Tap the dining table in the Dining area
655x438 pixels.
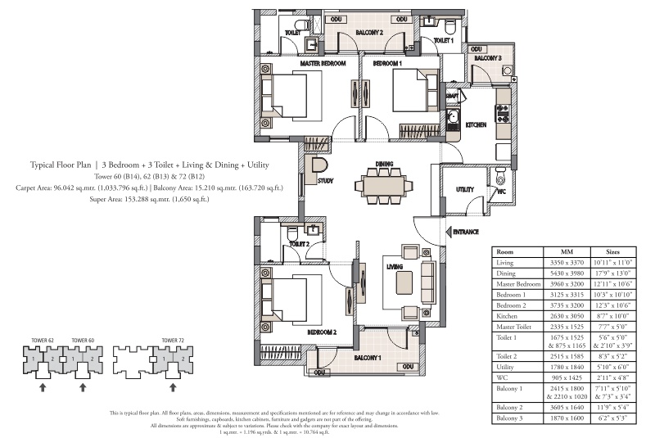(x=384, y=187)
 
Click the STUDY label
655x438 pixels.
(x=337, y=180)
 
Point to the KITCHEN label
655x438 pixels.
(x=477, y=124)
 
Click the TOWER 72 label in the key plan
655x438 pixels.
(x=171, y=339)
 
